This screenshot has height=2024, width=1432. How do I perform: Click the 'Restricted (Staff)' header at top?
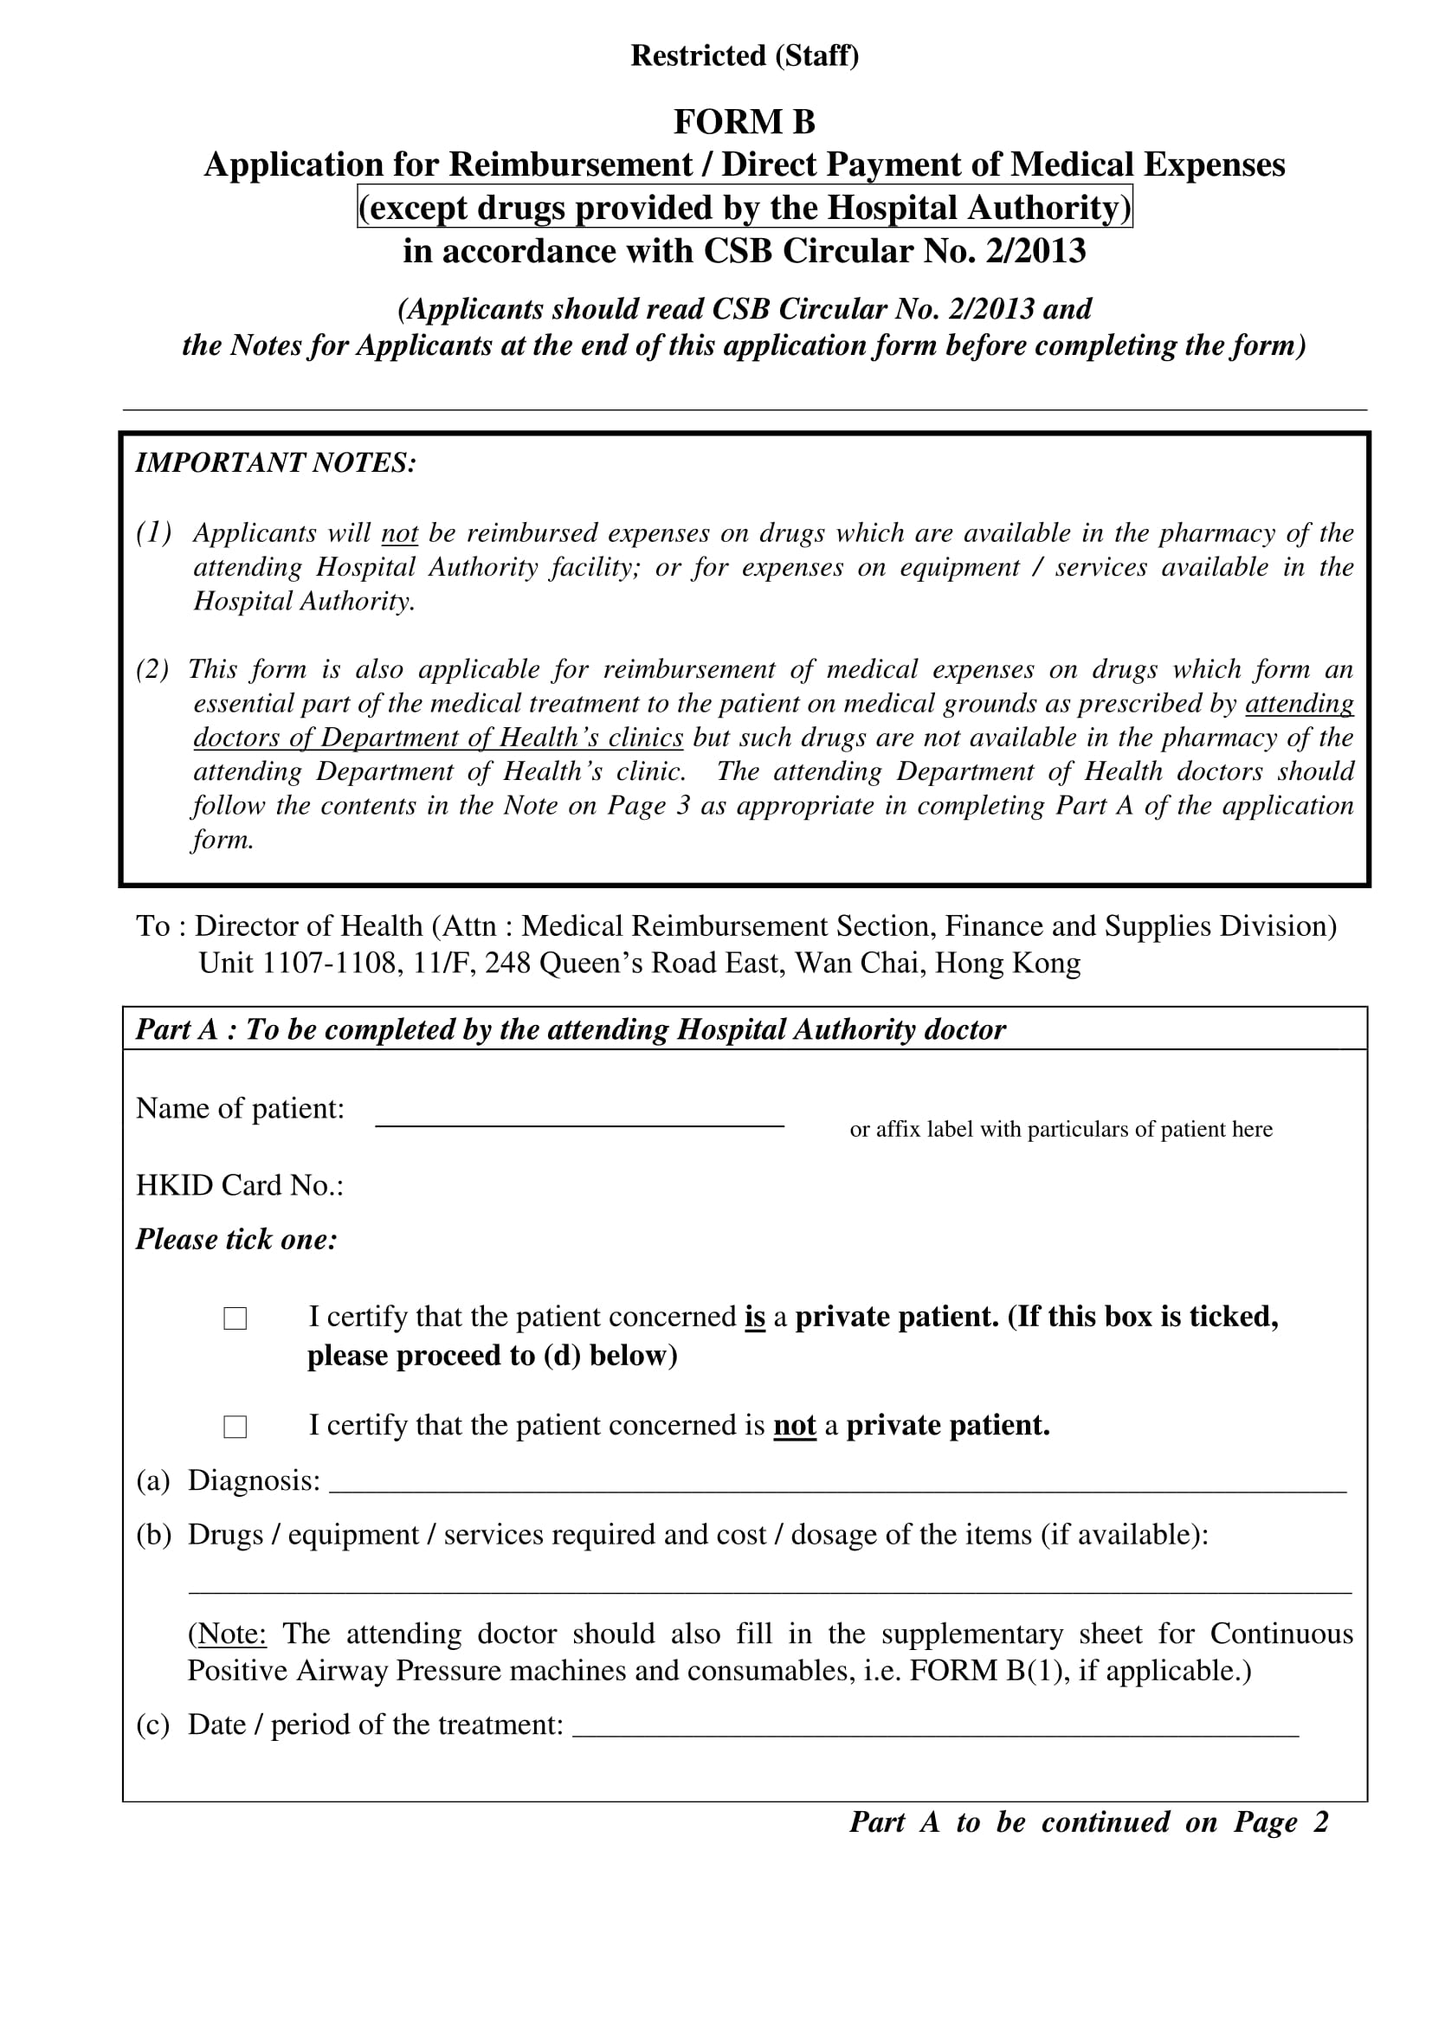pyautogui.click(x=745, y=55)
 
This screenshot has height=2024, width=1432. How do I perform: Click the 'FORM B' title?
pyautogui.click(x=745, y=122)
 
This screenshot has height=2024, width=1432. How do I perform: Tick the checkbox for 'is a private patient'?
pyautogui.click(x=235, y=1318)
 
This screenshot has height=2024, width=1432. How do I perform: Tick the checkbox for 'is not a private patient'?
pyautogui.click(x=235, y=1428)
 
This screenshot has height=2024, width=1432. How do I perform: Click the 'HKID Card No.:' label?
pyautogui.click(x=240, y=1186)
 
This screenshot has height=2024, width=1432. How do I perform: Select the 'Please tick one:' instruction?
pyautogui.click(x=236, y=1240)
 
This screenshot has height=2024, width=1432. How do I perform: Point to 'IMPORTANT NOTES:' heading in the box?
pyautogui.click(x=275, y=463)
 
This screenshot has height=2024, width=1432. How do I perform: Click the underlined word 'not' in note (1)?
pyautogui.click(x=399, y=533)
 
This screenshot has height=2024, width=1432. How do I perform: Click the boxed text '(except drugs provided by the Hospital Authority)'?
pyautogui.click(x=745, y=207)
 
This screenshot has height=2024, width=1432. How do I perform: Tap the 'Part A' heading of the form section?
pyautogui.click(x=570, y=1029)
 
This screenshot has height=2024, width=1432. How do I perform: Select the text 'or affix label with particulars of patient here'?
pyautogui.click(x=1061, y=1129)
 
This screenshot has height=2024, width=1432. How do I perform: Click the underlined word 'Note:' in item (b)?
pyautogui.click(x=232, y=1634)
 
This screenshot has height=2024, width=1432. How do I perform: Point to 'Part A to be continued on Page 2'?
pyautogui.click(x=1088, y=1822)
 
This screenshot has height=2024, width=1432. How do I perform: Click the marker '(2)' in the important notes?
pyautogui.click(x=152, y=669)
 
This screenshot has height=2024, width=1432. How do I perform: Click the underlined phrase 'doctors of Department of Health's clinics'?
pyautogui.click(x=438, y=737)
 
